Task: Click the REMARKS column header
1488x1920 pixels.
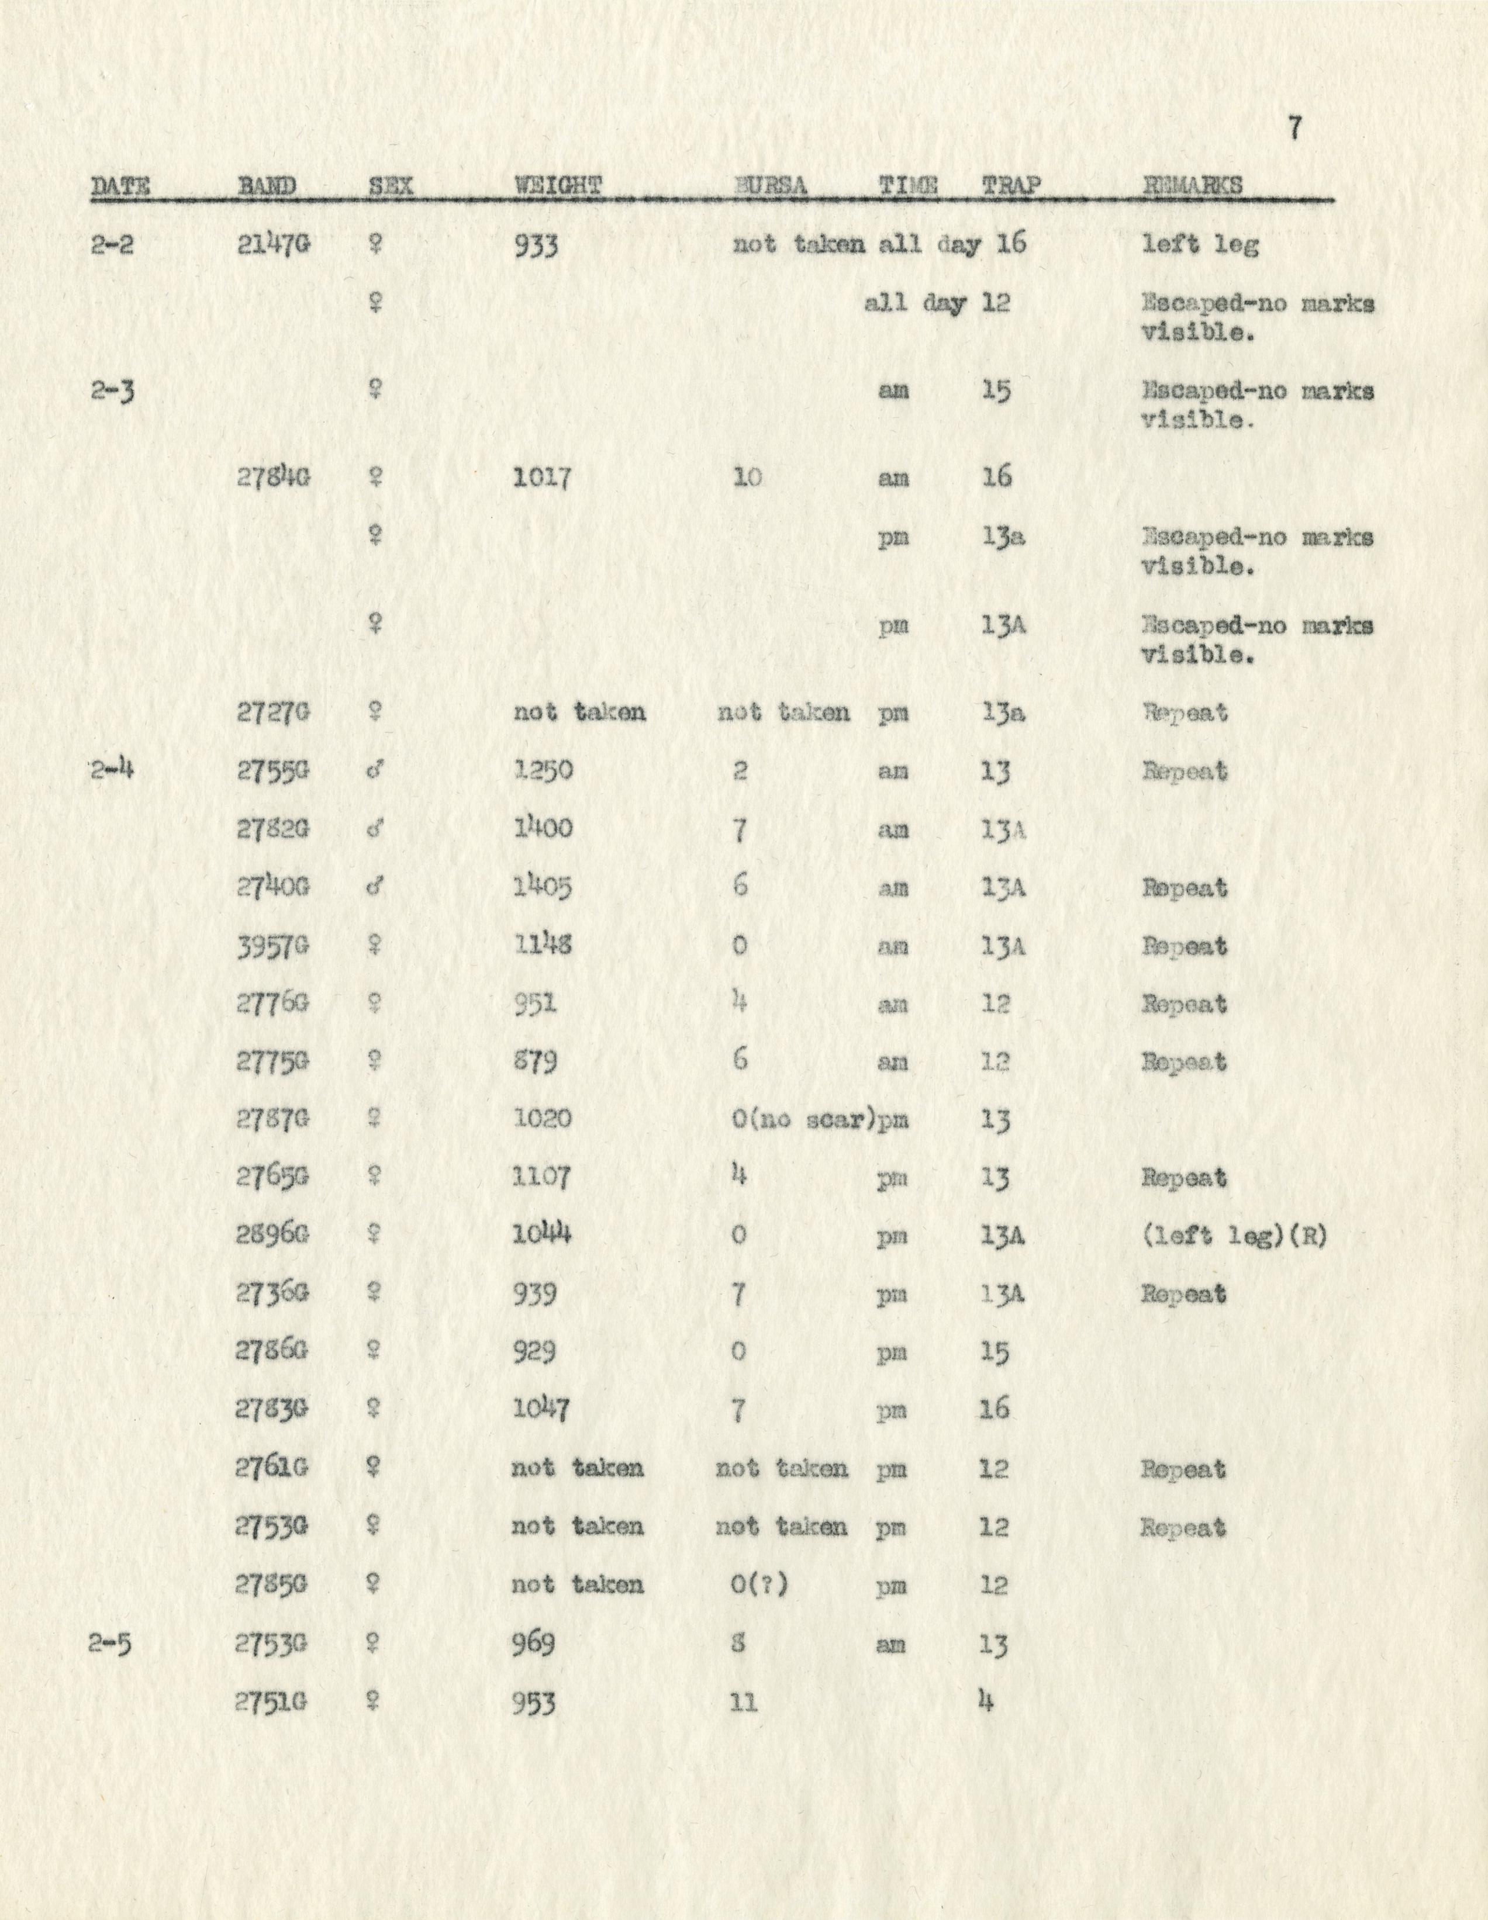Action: coord(1193,185)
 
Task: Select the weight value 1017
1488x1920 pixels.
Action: coord(543,478)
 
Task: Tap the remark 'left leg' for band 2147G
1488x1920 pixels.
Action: coord(1200,244)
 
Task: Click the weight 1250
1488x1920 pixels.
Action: coord(543,771)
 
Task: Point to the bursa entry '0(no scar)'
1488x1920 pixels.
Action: coord(806,1120)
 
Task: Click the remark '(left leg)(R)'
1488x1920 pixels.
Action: coord(1234,1236)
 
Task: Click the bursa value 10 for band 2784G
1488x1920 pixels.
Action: coord(747,478)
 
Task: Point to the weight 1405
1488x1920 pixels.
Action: coord(543,888)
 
